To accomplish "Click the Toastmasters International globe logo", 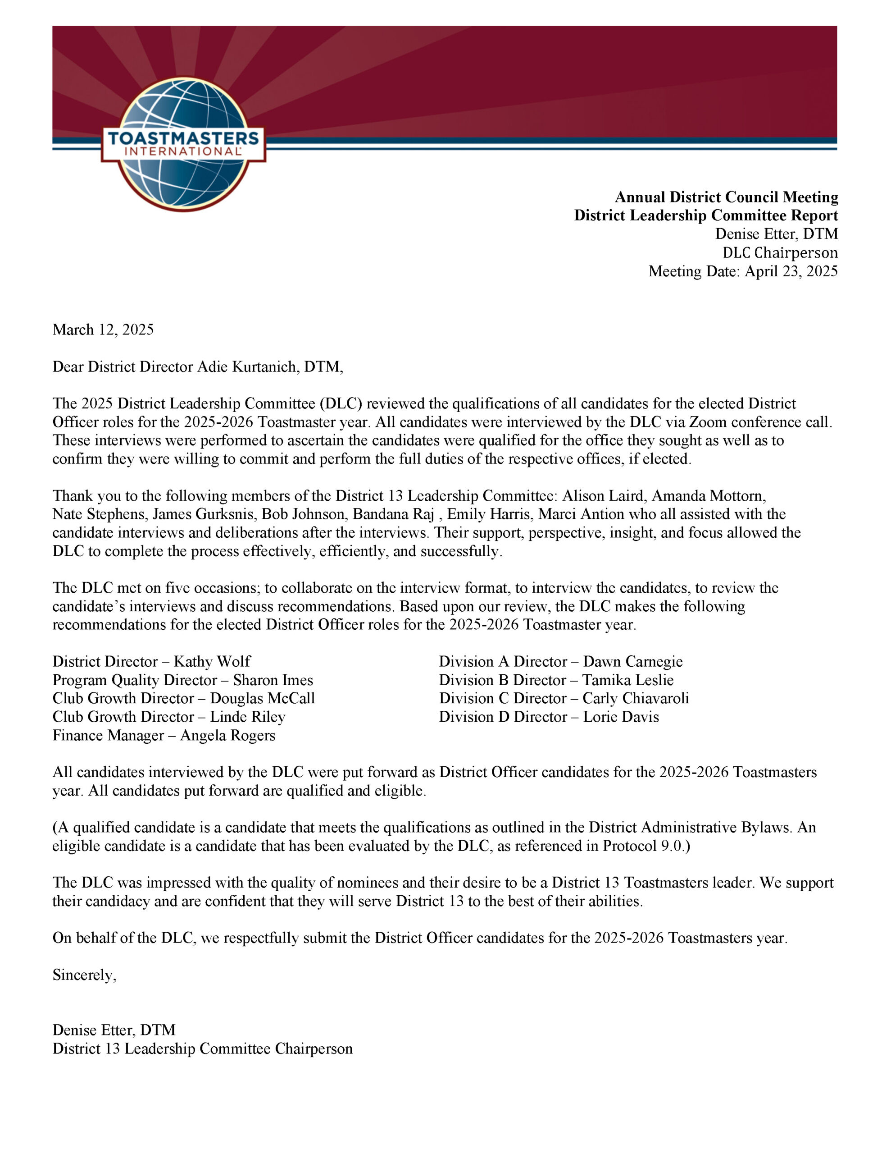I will point(183,144).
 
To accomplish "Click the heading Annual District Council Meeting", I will point(726,197).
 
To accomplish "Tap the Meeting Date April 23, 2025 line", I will point(743,271).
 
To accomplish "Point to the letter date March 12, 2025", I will point(103,330).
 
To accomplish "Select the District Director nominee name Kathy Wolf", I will point(212,662).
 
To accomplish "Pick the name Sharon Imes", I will point(273,680).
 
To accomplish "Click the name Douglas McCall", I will point(263,699).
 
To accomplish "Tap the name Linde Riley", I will point(248,717).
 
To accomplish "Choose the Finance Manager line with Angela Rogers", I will point(164,736).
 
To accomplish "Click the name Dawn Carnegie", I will point(633,662).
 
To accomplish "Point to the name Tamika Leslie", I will point(628,680).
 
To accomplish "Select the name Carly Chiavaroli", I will point(636,699).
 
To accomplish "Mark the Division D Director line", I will point(549,717).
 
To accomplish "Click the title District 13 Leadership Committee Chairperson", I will point(202,1049).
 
